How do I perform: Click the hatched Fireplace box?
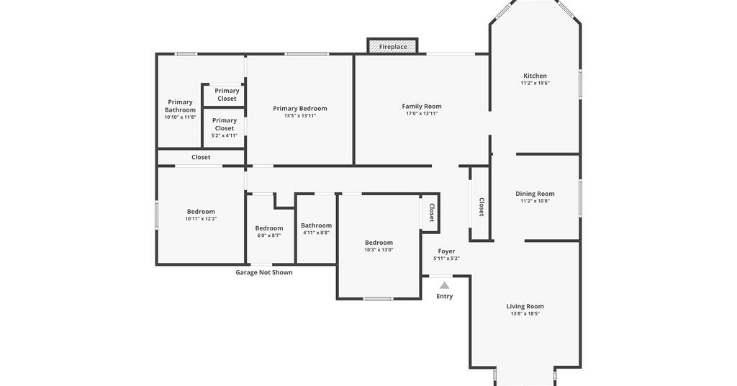pyautogui.click(x=392, y=46)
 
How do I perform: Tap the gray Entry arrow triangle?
pyautogui.click(x=445, y=285)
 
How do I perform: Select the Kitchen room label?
pyautogui.click(x=535, y=76)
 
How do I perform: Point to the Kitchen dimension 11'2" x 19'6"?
pyautogui.click(x=535, y=84)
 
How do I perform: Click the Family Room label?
pyautogui.click(x=422, y=107)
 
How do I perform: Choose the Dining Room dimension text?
pyautogui.click(x=535, y=201)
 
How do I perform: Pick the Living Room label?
pyautogui.click(x=525, y=306)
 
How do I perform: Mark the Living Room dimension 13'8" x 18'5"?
pyautogui.click(x=525, y=313)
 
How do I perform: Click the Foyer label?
pyautogui.click(x=446, y=251)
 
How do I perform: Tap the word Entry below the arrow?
pyautogui.click(x=445, y=296)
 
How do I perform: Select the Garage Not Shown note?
pyautogui.click(x=263, y=272)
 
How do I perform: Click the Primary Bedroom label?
pyautogui.click(x=300, y=108)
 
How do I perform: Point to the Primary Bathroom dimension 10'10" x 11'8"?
pyautogui.click(x=180, y=117)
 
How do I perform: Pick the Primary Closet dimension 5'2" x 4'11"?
pyautogui.click(x=225, y=135)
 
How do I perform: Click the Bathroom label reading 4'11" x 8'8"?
pyautogui.click(x=317, y=233)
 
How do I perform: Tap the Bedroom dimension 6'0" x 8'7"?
pyautogui.click(x=269, y=235)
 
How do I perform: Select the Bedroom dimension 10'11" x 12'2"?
pyautogui.click(x=201, y=219)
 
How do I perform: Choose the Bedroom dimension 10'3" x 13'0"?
pyautogui.click(x=379, y=250)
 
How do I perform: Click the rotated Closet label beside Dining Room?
pyautogui.click(x=481, y=207)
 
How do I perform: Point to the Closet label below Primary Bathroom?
pyautogui.click(x=201, y=157)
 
